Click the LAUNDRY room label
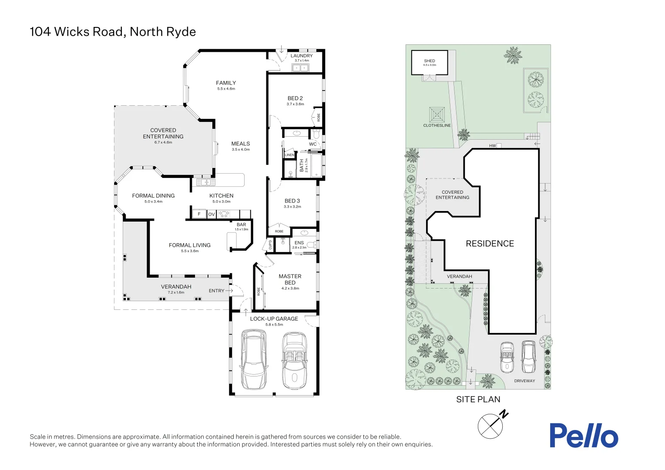click(x=301, y=56)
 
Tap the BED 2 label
click(x=295, y=98)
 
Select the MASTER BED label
click(x=290, y=279)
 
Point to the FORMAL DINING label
click(x=153, y=196)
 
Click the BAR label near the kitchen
click(x=241, y=225)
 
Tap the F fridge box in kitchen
click(x=199, y=214)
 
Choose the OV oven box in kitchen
click(x=212, y=214)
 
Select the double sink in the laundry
click(x=300, y=68)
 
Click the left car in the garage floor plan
click(x=254, y=360)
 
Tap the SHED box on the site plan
click(x=430, y=63)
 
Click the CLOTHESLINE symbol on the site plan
click(x=437, y=115)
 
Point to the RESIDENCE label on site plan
click(x=490, y=244)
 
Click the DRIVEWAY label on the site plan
click(x=524, y=381)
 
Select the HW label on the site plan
click(x=492, y=146)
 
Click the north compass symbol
click(x=490, y=426)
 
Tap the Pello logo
click(x=583, y=435)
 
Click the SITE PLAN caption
click(x=478, y=399)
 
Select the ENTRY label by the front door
click(x=216, y=291)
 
